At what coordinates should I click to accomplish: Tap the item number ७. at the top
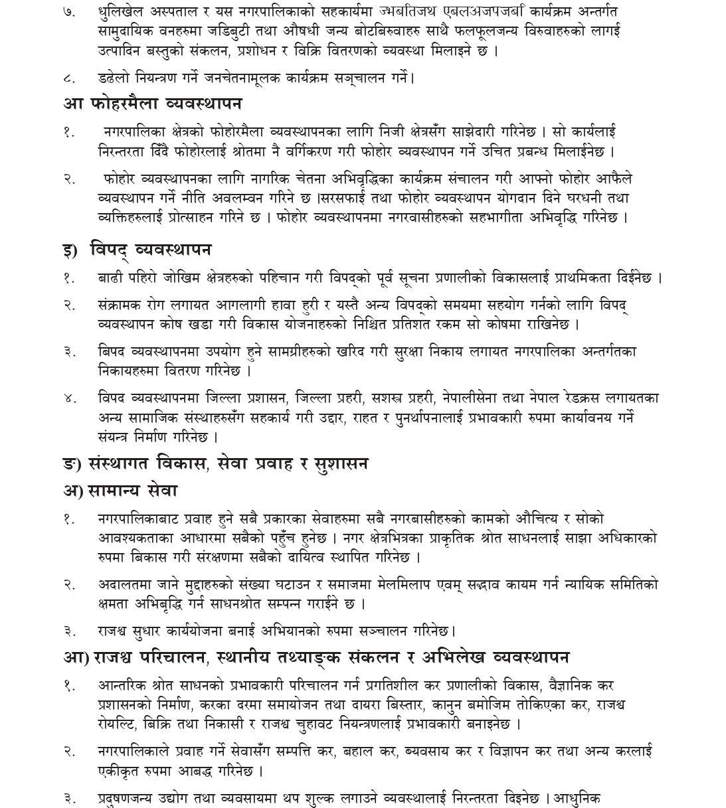[70, 13]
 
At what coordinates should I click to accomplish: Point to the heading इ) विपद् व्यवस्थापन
[137, 250]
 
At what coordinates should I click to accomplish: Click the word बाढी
[110, 278]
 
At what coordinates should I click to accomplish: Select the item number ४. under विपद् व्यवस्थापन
[70, 398]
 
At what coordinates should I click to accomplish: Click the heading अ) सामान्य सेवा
[120, 491]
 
